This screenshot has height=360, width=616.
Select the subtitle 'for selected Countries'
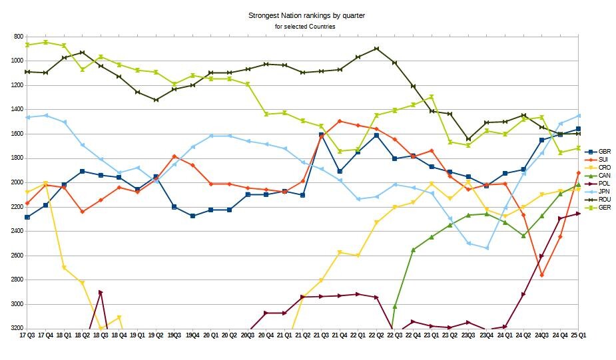[305, 26]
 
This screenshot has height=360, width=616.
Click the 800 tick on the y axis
[16, 37]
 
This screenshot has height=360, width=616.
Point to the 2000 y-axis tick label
[15, 182]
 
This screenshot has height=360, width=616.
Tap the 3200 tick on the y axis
[15, 328]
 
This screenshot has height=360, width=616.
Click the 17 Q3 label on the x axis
[27, 336]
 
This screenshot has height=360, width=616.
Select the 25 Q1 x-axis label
[578, 336]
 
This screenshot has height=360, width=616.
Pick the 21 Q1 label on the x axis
[284, 336]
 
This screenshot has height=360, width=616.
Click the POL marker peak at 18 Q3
[101, 292]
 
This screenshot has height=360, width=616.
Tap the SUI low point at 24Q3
[542, 275]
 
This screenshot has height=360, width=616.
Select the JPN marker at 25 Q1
[578, 116]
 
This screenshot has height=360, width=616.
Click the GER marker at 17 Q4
[45, 42]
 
